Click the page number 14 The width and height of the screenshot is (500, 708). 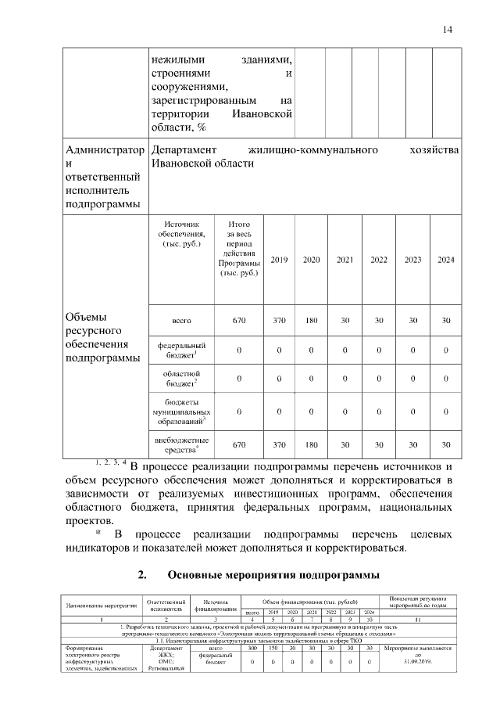tap(447, 30)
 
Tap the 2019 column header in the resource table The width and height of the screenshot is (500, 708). tap(279, 260)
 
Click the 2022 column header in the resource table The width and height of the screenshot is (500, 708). tap(378, 260)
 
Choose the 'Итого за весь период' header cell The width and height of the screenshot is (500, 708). tap(239, 249)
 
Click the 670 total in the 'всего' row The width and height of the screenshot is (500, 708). tap(239, 321)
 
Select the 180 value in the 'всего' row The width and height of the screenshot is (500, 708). tap(311, 321)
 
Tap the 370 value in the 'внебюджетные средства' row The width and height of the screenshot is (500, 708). tap(279, 444)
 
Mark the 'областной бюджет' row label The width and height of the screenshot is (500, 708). tap(183, 379)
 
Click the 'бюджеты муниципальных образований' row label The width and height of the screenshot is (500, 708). tap(183, 412)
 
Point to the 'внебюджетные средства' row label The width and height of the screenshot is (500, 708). tap(183, 444)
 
